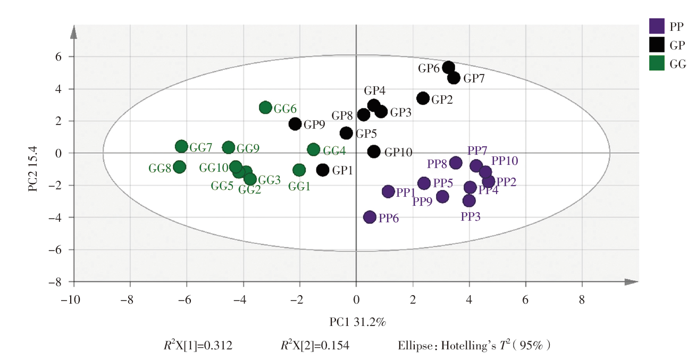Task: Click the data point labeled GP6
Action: coord(448,68)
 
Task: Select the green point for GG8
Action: coord(179,167)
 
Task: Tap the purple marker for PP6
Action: coord(370,217)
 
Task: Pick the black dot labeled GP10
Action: coord(374,152)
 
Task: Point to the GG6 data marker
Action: coord(265,107)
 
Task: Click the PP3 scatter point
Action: coord(468,200)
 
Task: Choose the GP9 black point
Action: coord(295,124)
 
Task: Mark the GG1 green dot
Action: coord(299,170)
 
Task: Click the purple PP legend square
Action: coord(657,26)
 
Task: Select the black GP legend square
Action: coord(657,44)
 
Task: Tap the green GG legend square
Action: coord(657,63)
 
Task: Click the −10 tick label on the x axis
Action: coord(70,298)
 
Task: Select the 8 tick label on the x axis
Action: coord(582,298)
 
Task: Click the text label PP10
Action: coord(505,161)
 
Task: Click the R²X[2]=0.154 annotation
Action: coord(315,346)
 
